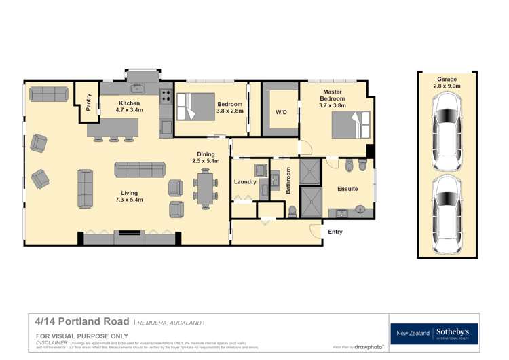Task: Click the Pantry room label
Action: click(88, 102)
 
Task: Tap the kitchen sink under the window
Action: click(137, 88)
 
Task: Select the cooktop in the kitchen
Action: click(166, 96)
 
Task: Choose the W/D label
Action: click(280, 113)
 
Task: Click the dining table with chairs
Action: click(205, 187)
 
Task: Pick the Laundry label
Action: click(244, 182)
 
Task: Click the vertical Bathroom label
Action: click(288, 181)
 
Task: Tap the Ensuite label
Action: click(347, 188)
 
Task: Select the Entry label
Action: click(335, 232)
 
